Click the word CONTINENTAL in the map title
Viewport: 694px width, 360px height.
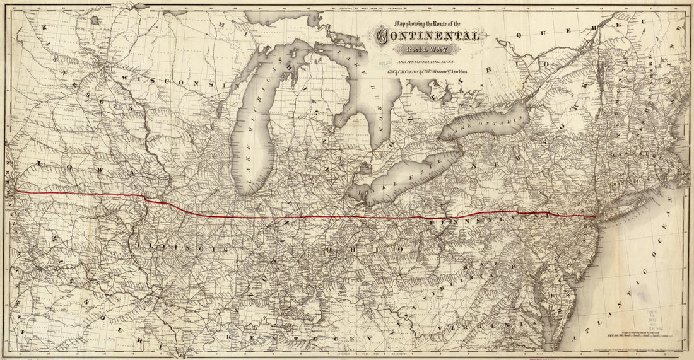click(427, 37)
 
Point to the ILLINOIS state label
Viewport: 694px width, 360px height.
click(183, 248)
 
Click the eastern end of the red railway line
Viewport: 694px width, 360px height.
click(596, 216)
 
